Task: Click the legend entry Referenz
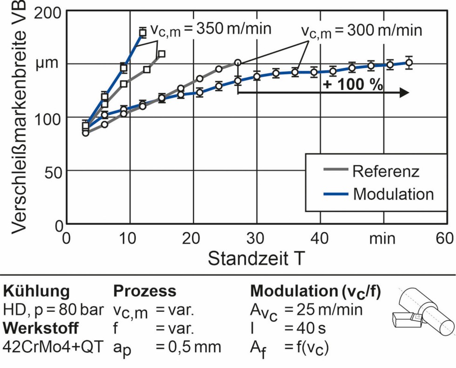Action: (x=385, y=171)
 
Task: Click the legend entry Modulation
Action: (x=393, y=193)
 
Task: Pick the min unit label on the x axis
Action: (x=382, y=238)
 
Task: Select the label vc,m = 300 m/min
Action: (x=361, y=31)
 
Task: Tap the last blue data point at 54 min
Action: (x=409, y=63)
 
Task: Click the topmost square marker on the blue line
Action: (x=143, y=32)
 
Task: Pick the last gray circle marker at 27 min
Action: (x=238, y=62)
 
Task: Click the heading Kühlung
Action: (x=37, y=291)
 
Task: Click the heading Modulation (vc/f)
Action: (x=315, y=291)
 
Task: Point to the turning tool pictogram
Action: (x=422, y=312)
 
